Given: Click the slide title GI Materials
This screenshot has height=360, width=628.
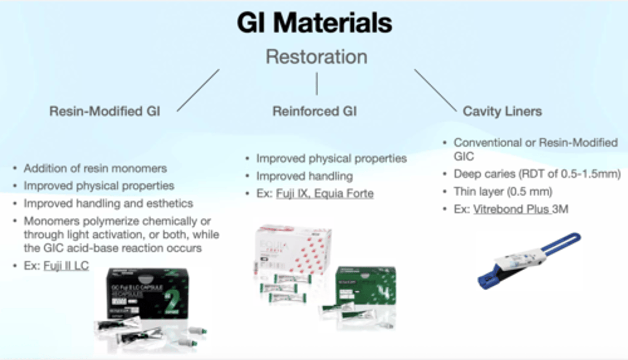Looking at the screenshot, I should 314,23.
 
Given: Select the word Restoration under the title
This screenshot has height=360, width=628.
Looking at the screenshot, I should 316,57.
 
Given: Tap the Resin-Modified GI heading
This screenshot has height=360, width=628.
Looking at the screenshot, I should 105,112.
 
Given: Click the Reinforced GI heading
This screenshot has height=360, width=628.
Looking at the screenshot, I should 314,112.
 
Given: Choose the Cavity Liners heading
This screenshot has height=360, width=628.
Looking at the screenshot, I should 502,112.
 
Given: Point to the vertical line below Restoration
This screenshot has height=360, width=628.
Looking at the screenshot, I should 317,84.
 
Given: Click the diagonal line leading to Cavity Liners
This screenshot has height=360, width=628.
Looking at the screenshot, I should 435,90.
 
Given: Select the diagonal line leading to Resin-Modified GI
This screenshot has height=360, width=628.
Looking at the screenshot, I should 198,90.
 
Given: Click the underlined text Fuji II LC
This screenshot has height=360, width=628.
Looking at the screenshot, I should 66,265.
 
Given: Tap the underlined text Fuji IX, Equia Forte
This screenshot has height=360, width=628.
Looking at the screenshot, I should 324,193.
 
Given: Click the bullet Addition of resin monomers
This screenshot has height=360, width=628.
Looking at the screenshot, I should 95,168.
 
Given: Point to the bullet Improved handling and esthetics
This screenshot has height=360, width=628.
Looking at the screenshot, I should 108,204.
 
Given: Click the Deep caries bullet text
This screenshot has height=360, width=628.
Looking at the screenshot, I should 537,174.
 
